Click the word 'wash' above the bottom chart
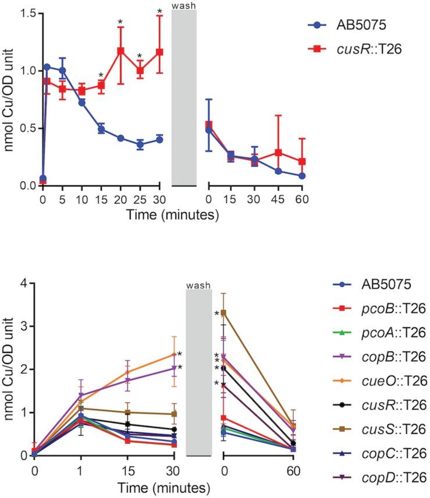[198, 285]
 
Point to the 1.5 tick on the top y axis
[28, 14]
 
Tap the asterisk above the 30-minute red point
[159, 11]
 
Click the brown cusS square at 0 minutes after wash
[223, 312]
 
